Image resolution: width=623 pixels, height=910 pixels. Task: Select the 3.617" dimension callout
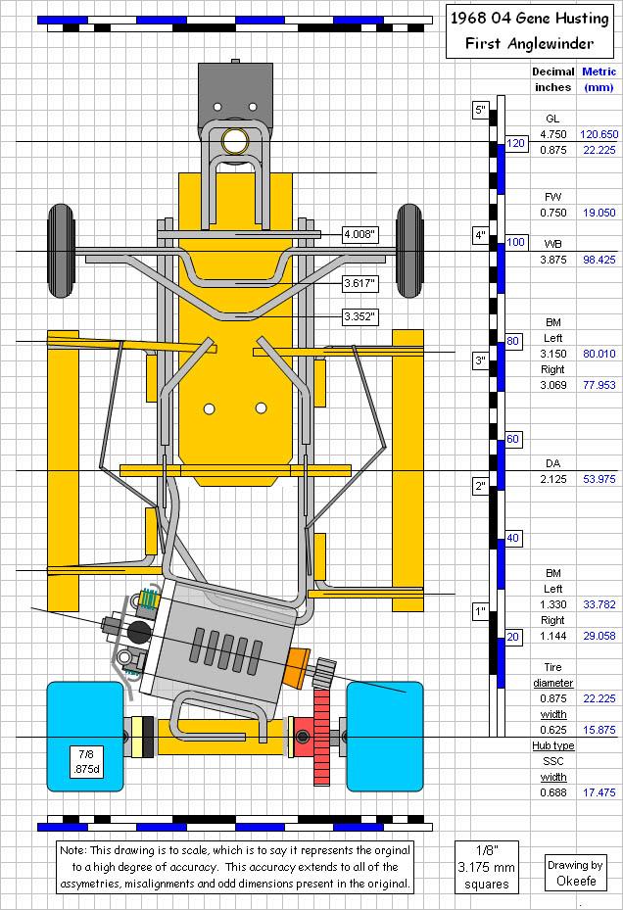click(x=359, y=283)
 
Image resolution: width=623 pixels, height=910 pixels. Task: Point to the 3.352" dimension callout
click(x=359, y=316)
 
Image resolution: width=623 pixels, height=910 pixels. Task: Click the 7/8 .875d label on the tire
click(x=85, y=761)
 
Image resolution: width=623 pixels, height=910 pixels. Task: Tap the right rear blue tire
click(x=385, y=736)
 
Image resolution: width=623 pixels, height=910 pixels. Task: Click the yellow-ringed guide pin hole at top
click(x=234, y=141)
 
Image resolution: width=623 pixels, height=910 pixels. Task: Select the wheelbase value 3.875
click(x=553, y=260)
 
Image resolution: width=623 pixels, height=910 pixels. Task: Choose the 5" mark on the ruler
click(x=480, y=111)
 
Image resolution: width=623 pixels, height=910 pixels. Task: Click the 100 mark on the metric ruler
click(x=515, y=242)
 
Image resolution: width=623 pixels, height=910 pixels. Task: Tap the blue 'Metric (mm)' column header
click(x=599, y=78)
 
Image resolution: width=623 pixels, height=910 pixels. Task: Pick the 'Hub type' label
click(x=552, y=745)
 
